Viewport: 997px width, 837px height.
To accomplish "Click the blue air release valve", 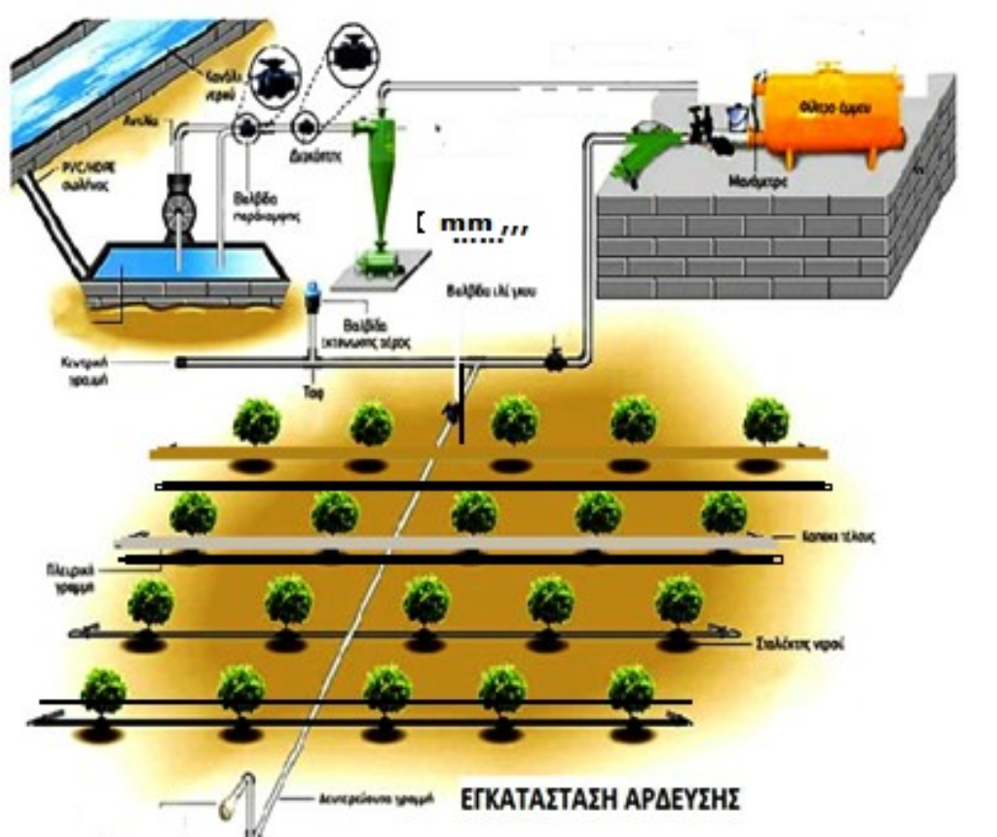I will pyautogui.click(x=313, y=296).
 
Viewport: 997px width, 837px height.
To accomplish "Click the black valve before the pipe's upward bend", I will pyautogui.click(x=555, y=361).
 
